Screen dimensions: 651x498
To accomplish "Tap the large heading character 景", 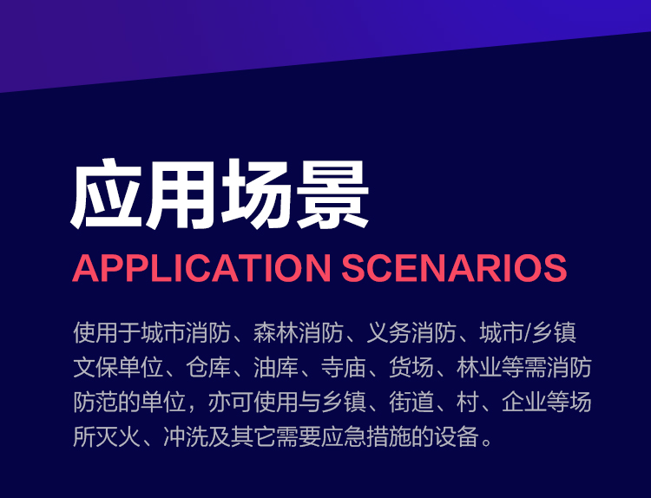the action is (332, 194).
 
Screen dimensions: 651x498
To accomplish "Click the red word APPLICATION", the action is (201, 268).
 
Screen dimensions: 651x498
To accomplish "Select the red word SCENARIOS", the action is (454, 268).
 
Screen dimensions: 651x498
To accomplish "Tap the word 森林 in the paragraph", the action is (276, 332).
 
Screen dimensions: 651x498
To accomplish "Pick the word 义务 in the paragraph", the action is (389, 332).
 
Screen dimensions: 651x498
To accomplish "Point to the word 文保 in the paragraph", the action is (95, 367).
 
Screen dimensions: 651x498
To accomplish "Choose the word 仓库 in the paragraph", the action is (208, 367).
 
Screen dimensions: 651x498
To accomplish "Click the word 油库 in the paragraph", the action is (276, 367).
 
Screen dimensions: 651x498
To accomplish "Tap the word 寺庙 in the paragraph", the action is (344, 367).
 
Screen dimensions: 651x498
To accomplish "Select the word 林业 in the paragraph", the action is (478, 367).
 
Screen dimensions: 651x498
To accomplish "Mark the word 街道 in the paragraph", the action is (411, 403).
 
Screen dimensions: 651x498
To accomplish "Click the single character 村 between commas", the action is (468, 403).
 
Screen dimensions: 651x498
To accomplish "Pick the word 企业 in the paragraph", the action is (524, 403).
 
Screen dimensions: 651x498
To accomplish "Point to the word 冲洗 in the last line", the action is (186, 437).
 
